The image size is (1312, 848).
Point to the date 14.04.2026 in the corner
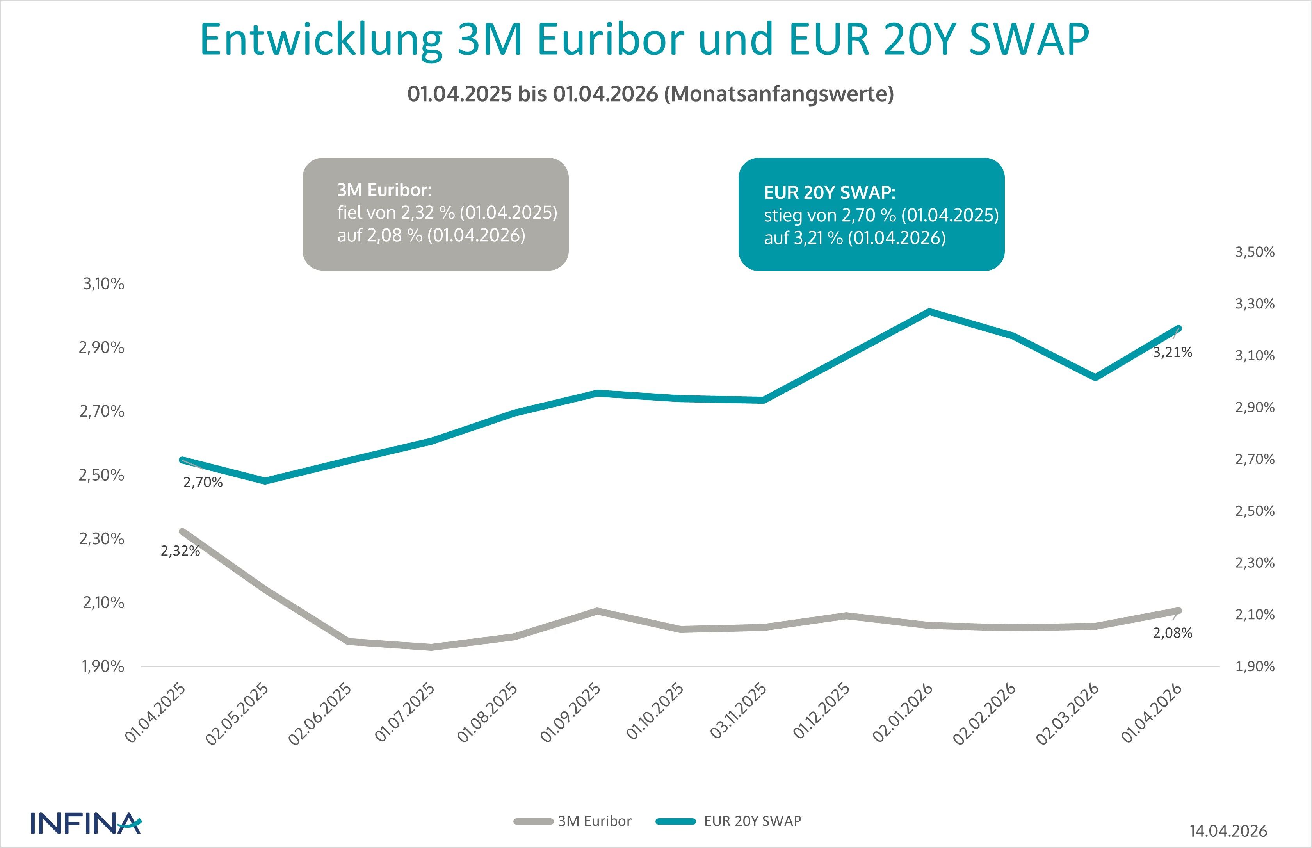1228,830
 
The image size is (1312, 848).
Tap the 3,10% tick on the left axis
103,284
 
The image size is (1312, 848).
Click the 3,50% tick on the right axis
1255,252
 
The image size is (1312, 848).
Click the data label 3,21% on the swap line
1172,353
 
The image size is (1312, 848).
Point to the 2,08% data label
1172,633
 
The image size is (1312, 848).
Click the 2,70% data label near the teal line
203,483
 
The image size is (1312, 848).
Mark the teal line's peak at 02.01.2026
929,312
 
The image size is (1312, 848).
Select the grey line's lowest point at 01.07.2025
432,647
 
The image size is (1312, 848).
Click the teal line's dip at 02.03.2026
1096,377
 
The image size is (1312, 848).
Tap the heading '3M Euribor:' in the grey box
384,190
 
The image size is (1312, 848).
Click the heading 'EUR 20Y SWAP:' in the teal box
830,193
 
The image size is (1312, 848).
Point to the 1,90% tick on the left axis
103,667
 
